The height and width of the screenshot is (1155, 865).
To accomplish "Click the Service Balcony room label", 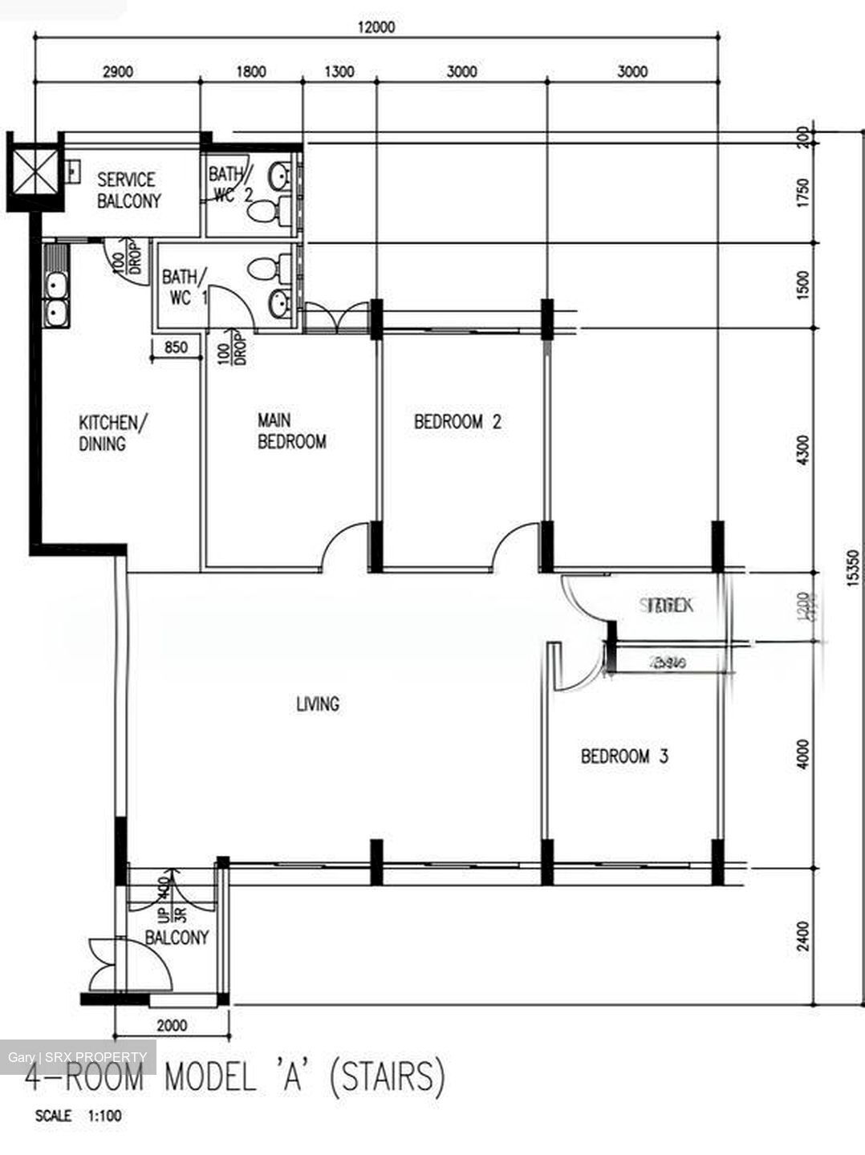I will click(128, 190).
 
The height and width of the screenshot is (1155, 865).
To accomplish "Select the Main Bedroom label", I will click(291, 431).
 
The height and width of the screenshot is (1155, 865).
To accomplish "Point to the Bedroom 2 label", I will click(457, 422).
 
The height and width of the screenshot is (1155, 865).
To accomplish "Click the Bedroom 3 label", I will click(624, 756).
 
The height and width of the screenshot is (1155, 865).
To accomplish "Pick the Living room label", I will click(318, 704).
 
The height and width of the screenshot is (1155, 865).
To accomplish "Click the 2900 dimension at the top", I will click(117, 71).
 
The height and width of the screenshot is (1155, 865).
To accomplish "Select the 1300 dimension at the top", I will click(339, 71).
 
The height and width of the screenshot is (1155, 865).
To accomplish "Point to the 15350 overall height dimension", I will click(853, 568).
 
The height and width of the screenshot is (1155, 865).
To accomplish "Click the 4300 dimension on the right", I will click(804, 449).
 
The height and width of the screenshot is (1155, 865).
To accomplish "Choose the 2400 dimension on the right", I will click(804, 935).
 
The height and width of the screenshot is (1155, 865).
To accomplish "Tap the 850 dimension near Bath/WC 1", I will click(176, 347).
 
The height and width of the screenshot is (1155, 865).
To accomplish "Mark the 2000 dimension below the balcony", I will click(172, 1025).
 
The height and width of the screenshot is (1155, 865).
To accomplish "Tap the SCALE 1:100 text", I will click(79, 1116).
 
